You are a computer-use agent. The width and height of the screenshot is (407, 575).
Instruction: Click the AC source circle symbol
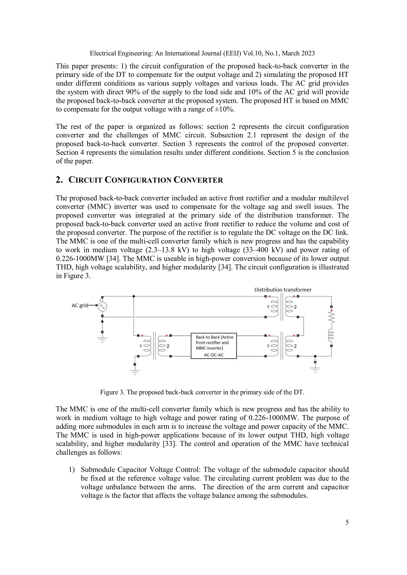coord(102,306)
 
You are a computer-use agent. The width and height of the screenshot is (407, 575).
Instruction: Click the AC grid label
coord(80,305)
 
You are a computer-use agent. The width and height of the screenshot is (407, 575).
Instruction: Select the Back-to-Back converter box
coord(214,346)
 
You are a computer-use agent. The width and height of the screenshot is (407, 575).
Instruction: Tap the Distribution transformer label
coord(283,290)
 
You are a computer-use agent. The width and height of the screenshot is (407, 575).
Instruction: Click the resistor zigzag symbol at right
coord(331,317)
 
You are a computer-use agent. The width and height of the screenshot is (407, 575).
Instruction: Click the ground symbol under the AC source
coord(102,340)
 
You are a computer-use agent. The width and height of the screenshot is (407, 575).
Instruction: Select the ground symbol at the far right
coord(315,370)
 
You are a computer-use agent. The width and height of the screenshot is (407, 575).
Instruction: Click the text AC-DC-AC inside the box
coord(214,355)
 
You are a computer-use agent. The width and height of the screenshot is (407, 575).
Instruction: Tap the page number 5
coord(347,522)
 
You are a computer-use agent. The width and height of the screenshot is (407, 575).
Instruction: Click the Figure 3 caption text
coord(202,392)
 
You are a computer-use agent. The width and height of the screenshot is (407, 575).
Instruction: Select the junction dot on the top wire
coord(134,296)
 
